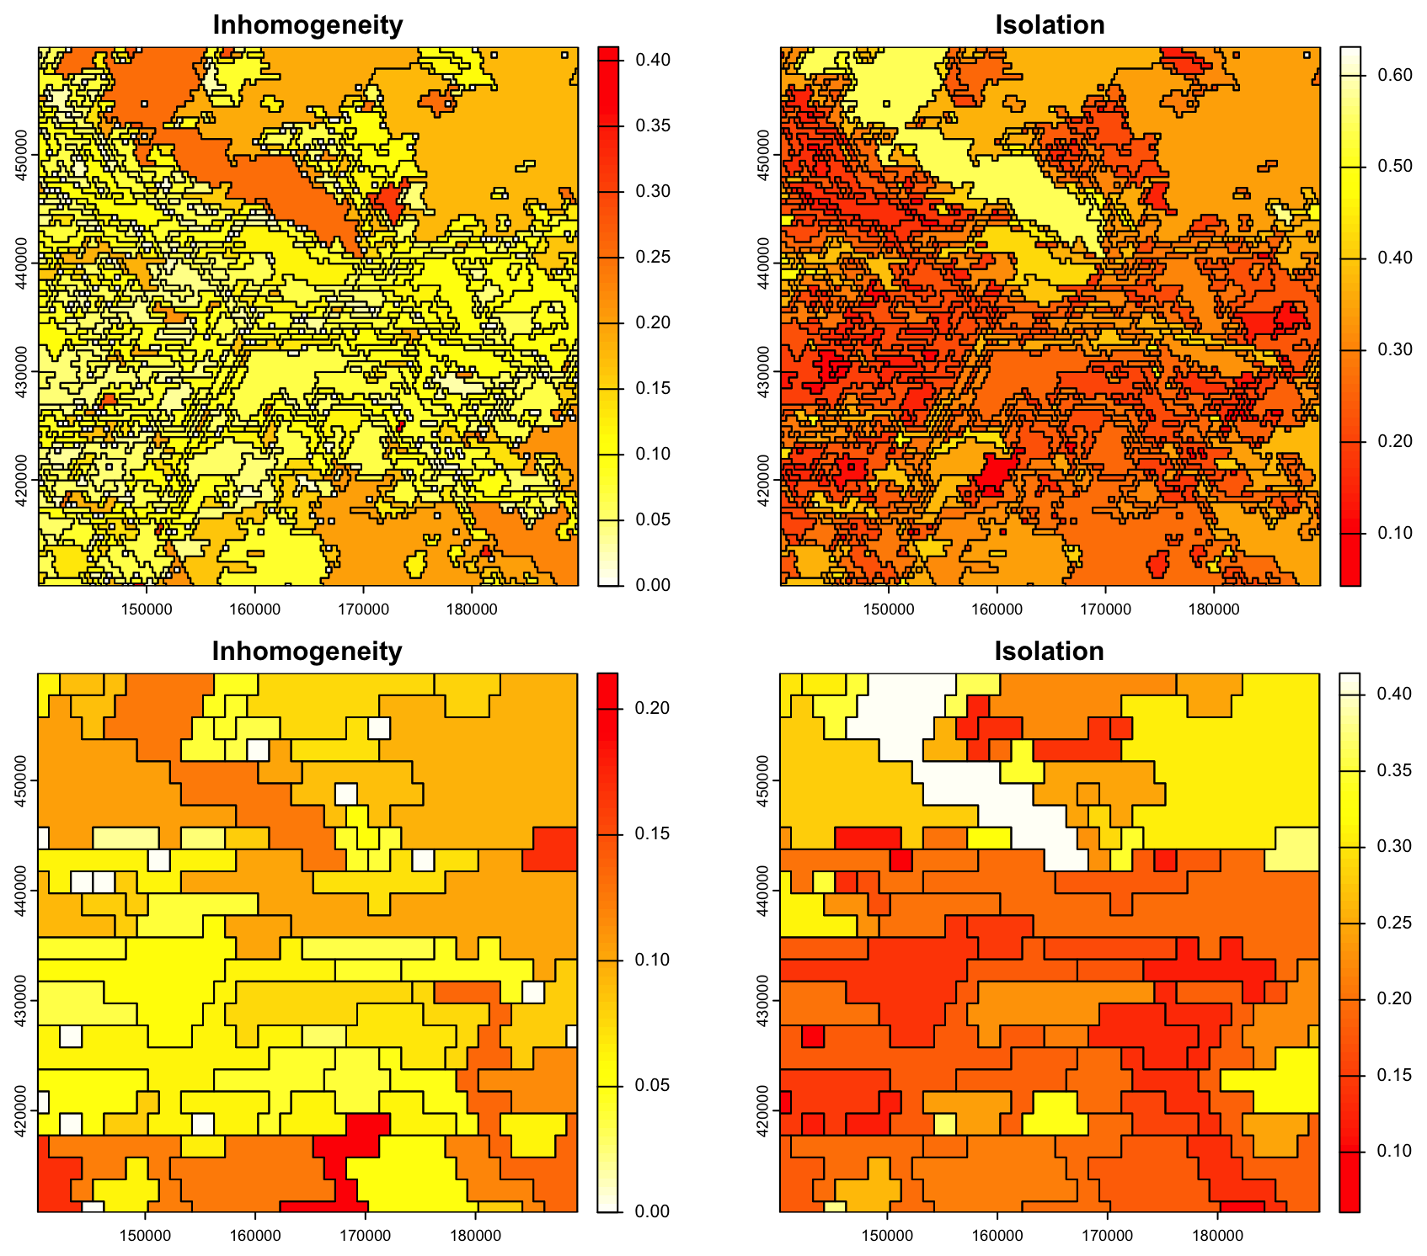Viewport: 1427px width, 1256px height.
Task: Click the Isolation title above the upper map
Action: pyautogui.click(x=1050, y=25)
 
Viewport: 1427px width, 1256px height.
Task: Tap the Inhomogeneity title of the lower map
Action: pyautogui.click(x=307, y=651)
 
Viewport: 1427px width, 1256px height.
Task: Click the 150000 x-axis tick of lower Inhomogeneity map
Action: pyautogui.click(x=146, y=1235)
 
